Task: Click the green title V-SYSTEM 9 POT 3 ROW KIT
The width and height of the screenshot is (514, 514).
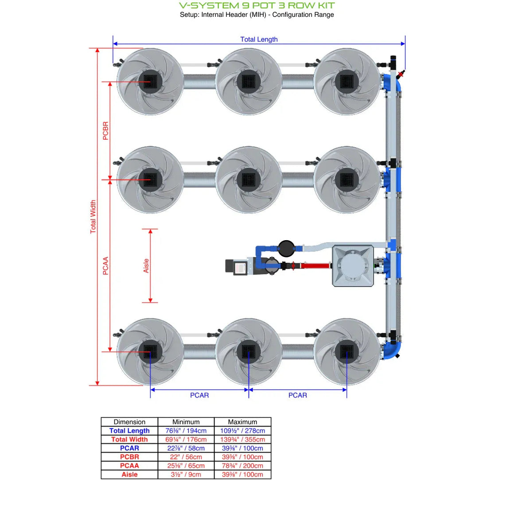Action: [x=257, y=6]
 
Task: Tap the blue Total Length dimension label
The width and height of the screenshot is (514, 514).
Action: [x=259, y=39]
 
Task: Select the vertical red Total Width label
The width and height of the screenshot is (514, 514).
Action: [x=93, y=217]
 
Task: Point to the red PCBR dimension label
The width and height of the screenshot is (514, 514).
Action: [x=105, y=131]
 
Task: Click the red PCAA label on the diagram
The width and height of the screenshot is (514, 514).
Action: [x=105, y=266]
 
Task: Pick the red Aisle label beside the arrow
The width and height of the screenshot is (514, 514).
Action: [x=146, y=266]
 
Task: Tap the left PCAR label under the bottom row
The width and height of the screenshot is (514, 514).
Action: [x=199, y=395]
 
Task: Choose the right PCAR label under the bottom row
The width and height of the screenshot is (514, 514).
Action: [x=297, y=395]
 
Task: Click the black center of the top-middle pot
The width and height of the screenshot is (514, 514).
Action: [x=249, y=82]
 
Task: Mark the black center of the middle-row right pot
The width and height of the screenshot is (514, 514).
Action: [x=347, y=180]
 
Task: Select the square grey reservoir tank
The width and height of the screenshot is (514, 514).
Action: [x=353, y=266]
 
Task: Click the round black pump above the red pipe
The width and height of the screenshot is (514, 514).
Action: [x=286, y=249]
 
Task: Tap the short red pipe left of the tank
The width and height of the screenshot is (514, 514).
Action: [x=315, y=266]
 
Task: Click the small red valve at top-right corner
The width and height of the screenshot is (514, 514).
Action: [x=401, y=74]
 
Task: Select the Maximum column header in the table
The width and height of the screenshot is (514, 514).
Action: [x=242, y=422]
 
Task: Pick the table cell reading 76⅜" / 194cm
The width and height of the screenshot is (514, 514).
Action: [x=186, y=431]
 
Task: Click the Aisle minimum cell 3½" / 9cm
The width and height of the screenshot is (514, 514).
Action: [x=186, y=475]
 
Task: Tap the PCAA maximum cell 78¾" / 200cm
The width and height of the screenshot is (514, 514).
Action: [x=242, y=466]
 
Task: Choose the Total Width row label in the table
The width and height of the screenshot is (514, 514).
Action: [x=129, y=440]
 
